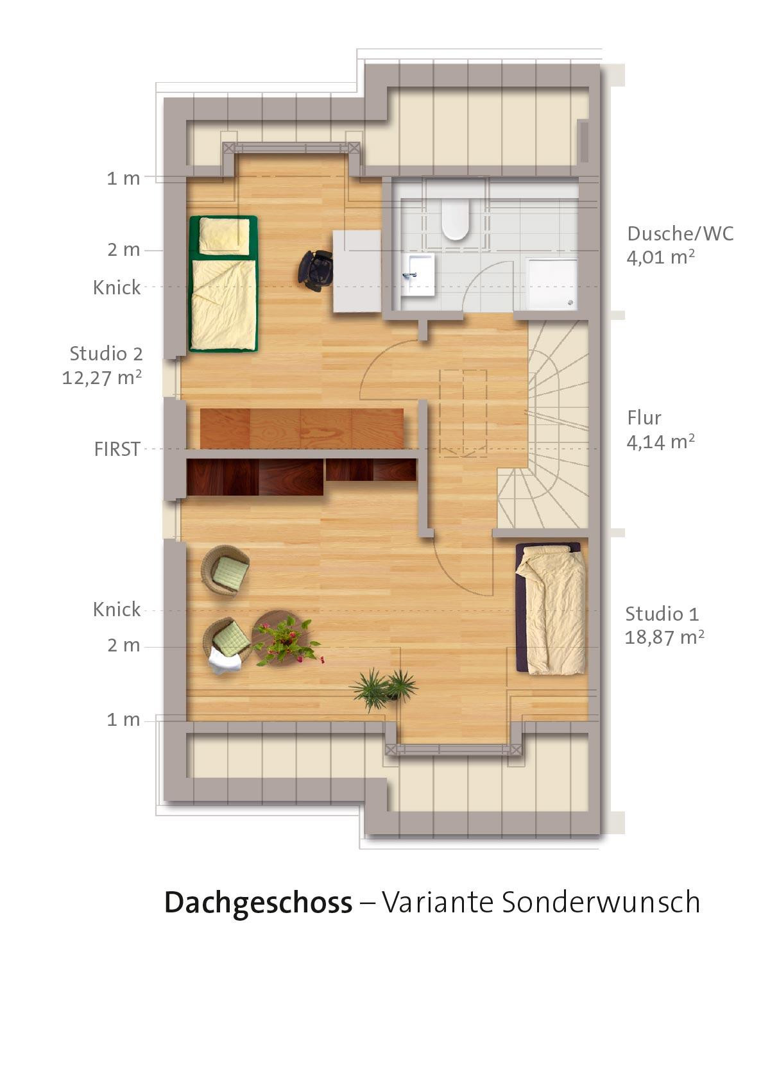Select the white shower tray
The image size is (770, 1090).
[x=552, y=284]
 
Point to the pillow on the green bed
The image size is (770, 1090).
[x=224, y=235]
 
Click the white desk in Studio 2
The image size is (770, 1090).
[x=357, y=271]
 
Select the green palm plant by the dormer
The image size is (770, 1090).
[x=384, y=689]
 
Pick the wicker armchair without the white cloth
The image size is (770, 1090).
[x=225, y=570]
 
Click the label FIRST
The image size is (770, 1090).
[x=117, y=449]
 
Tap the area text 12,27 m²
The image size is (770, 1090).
[x=102, y=378]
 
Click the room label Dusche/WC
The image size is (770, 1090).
[x=680, y=233]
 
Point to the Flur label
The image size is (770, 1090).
[x=644, y=418]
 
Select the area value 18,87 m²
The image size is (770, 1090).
[x=664, y=637]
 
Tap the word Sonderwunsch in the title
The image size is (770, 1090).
[x=601, y=901]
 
